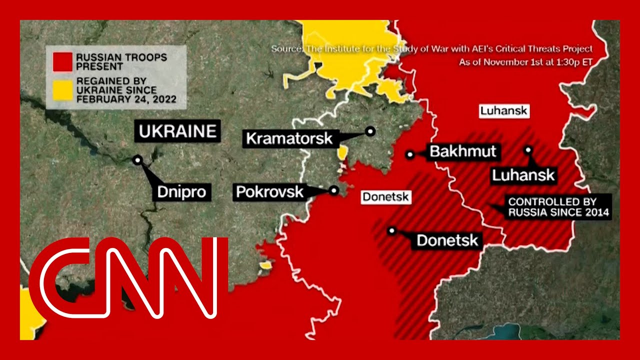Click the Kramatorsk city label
tap(289, 138)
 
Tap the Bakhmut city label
tap(462, 151)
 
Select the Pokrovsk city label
tap(269, 191)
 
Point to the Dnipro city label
tap(181, 191)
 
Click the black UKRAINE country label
tap(177, 131)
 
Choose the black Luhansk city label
tap(523, 175)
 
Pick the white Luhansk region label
tap(503, 110)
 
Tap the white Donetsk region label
tap(385, 197)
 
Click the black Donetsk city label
tap(447, 240)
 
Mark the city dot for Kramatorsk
tap(370, 131)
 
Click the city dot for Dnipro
tap(137, 160)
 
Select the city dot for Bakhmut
tap(410, 154)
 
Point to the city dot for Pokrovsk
tap(334, 190)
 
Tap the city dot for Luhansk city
tap(528, 149)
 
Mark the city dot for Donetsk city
tap(392, 230)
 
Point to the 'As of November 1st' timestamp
tap(525, 62)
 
